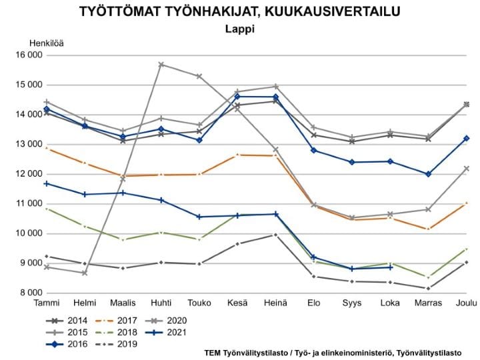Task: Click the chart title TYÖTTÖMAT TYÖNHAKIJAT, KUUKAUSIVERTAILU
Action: click(x=239, y=12)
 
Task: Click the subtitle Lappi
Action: click(x=239, y=29)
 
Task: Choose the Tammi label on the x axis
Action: click(x=46, y=303)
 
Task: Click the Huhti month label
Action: click(x=161, y=303)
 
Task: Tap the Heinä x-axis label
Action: click(x=275, y=303)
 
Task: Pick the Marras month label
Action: click(x=428, y=303)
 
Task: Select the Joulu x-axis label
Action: click(x=466, y=303)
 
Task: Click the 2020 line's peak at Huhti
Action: click(x=161, y=65)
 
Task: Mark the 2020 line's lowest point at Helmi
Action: click(x=84, y=273)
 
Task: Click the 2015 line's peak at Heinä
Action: click(x=275, y=87)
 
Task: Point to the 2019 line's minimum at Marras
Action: click(x=428, y=288)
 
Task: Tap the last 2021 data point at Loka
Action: click(x=390, y=267)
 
